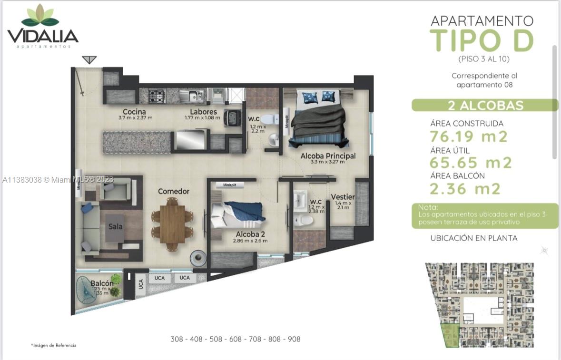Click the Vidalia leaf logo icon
(40, 16)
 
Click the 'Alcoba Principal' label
(328, 156)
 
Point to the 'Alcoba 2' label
(250, 234)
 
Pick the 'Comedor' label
(174, 191)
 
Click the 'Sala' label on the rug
(115, 226)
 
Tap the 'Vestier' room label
(343, 197)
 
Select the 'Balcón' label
(102, 283)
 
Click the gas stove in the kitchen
(157, 96)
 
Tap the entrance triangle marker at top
(89, 60)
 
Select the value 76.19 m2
(468, 136)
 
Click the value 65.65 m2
(470, 163)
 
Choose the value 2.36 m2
(464, 189)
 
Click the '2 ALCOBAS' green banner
(484, 105)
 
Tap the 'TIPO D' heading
(481, 40)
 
